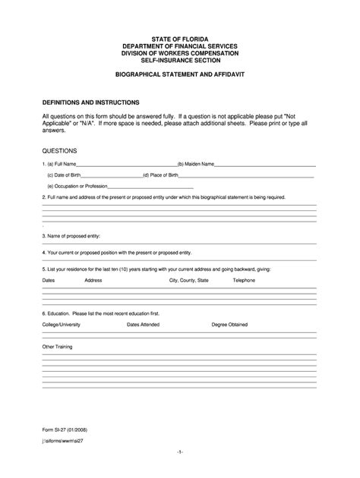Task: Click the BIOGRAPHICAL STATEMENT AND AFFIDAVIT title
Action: pyautogui.click(x=180, y=77)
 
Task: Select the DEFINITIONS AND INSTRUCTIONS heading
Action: pyautogui.click(x=90, y=101)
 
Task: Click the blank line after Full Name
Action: pyautogui.click(x=126, y=164)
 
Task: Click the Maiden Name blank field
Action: pyautogui.click(x=266, y=164)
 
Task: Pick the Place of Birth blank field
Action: pyautogui.click(x=248, y=175)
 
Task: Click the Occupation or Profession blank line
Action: pyautogui.click(x=151, y=187)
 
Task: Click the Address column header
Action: pyautogui.click(x=93, y=281)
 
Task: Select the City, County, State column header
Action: pyautogui.click(x=188, y=281)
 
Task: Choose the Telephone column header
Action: pyautogui.click(x=244, y=281)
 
